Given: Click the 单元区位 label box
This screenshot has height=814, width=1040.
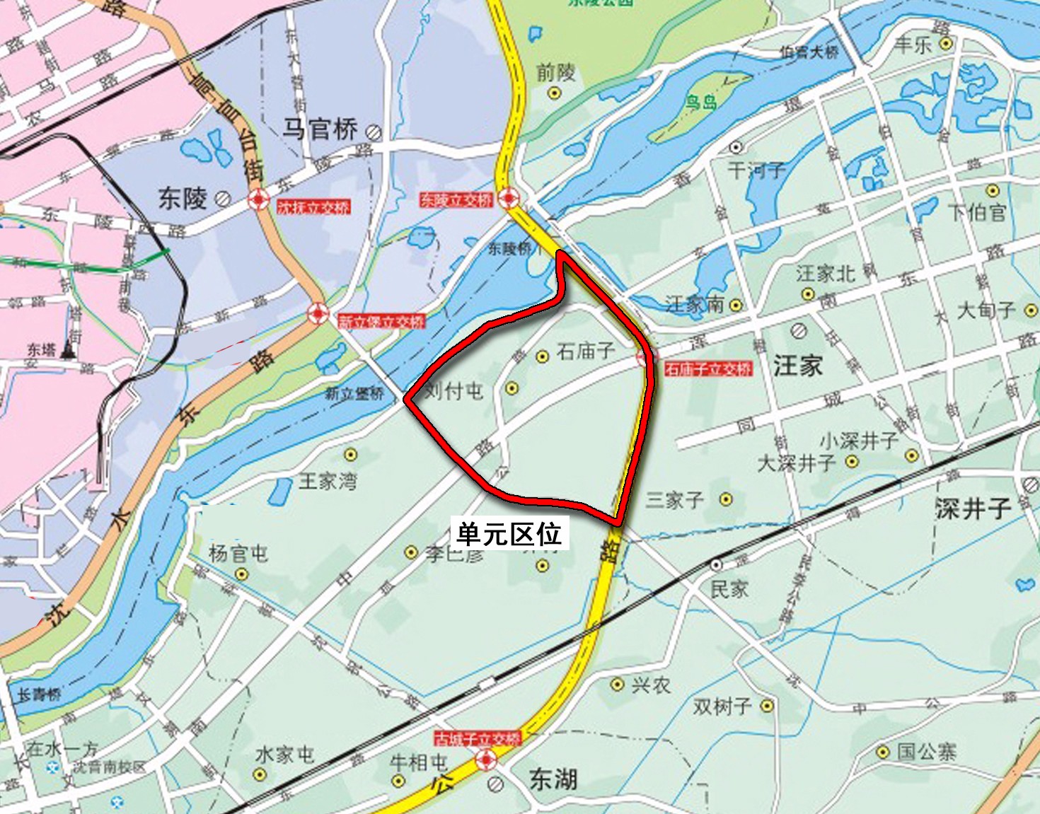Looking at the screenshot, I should click(509, 534).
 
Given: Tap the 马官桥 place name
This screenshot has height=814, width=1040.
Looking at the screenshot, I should click(320, 129).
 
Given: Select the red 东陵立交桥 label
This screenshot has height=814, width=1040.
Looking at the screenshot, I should click(456, 200).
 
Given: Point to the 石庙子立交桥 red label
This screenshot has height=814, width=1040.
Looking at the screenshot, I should click(707, 368).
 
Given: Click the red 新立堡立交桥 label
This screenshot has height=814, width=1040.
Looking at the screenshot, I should click(381, 322).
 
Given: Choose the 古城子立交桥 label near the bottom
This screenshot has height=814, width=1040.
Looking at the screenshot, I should click(478, 739).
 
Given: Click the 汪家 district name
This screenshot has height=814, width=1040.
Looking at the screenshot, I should click(798, 366).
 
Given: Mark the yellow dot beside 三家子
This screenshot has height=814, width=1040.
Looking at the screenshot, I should click(726, 499).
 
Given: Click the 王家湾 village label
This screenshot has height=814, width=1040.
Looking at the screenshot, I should click(328, 482).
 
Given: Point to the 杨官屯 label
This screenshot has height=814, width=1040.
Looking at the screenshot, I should click(238, 552).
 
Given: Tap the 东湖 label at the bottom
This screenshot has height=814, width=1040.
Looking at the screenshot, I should click(553, 779).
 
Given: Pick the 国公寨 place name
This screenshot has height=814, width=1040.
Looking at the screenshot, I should click(926, 751).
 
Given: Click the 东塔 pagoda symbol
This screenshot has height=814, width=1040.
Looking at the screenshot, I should click(69, 349).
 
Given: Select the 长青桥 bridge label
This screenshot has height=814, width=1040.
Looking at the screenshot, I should click(39, 694).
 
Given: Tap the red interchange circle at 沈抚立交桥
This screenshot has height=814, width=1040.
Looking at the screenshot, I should click(259, 200).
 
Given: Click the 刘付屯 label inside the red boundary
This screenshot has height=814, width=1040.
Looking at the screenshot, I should click(453, 390).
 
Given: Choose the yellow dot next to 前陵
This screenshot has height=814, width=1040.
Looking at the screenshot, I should click(555, 93).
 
